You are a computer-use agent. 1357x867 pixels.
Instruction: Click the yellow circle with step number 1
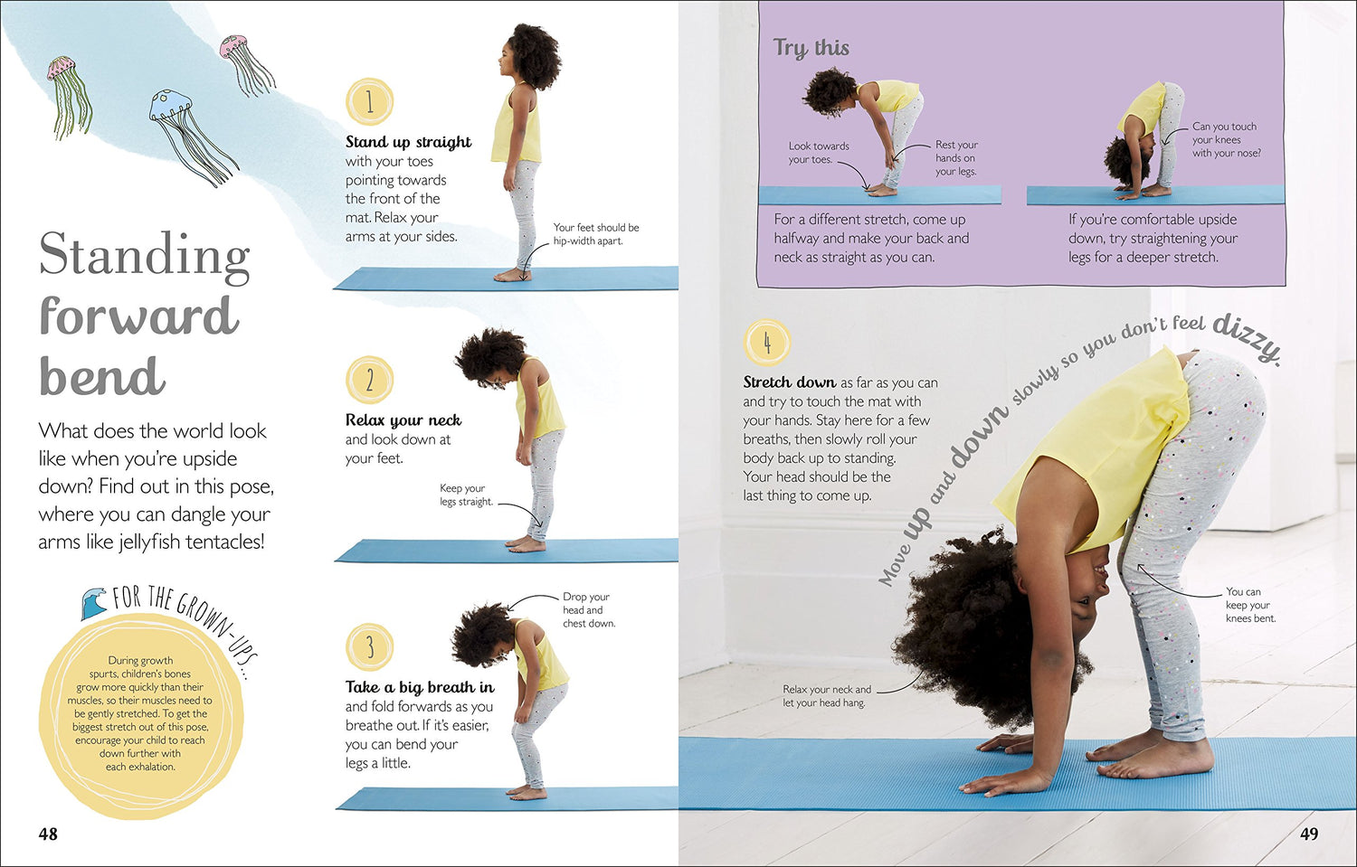click(369, 102)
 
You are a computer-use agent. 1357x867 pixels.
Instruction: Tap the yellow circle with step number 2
click(369, 380)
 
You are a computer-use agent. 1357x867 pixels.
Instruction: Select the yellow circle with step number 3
click(369, 646)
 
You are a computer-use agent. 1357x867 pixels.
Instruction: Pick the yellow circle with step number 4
click(767, 343)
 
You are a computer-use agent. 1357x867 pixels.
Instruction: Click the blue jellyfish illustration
click(193, 138)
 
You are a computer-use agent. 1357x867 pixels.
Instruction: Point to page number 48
click(48, 834)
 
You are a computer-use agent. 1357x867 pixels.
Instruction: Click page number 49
click(1308, 834)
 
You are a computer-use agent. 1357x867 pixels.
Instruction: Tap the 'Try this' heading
click(811, 48)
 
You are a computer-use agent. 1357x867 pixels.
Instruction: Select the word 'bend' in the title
click(102, 375)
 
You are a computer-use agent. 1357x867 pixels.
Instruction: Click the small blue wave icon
click(93, 603)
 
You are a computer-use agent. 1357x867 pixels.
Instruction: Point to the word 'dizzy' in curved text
click(1248, 338)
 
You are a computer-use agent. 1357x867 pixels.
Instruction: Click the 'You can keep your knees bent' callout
click(1250, 605)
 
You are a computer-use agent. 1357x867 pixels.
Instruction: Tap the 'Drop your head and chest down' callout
click(589, 609)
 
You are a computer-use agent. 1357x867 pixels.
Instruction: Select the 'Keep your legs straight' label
click(467, 495)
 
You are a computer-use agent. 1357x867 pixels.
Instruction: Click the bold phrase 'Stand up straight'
click(408, 142)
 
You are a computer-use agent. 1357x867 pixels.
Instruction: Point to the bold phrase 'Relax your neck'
click(403, 420)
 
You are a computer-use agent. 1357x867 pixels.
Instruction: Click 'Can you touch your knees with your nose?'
click(1226, 140)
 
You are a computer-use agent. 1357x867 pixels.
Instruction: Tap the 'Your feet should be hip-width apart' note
click(596, 234)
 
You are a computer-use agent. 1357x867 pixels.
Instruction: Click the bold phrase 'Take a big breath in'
click(420, 687)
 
